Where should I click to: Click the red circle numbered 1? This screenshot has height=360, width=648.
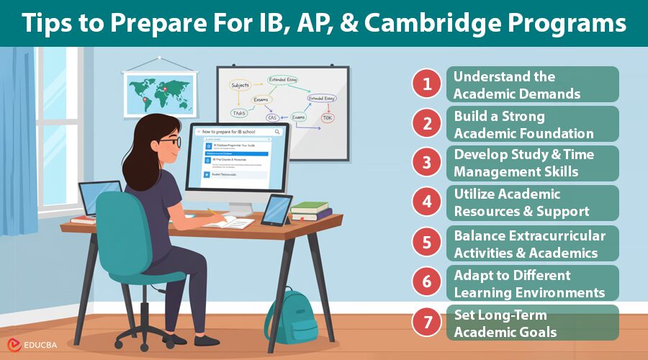click(x=426, y=84)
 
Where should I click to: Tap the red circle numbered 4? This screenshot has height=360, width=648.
click(x=426, y=203)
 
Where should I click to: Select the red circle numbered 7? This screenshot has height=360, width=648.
click(x=426, y=322)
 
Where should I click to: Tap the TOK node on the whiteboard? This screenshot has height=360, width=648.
click(x=328, y=117)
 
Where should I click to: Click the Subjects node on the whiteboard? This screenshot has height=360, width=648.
click(x=240, y=85)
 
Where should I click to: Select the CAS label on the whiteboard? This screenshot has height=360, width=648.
click(x=272, y=117)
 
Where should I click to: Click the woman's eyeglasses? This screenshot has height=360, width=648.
click(x=171, y=142)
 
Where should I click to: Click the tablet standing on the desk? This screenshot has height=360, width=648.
click(x=276, y=210)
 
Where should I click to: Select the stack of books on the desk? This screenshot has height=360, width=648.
click(x=311, y=211)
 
